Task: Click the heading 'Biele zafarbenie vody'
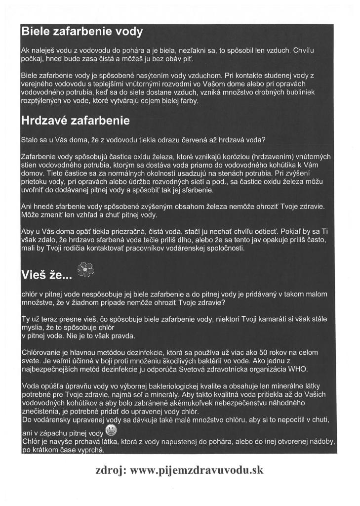(x=82, y=33)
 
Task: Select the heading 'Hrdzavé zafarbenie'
(x=75, y=120)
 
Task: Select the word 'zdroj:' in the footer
(x=110, y=470)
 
